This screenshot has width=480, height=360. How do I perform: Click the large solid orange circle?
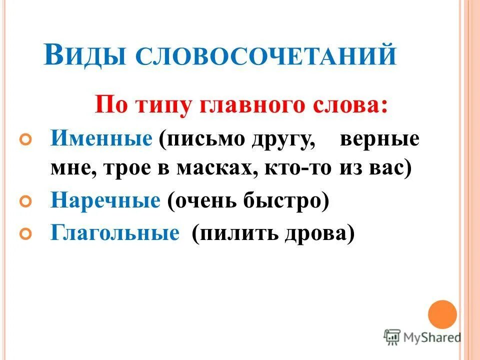coord(442,314)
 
